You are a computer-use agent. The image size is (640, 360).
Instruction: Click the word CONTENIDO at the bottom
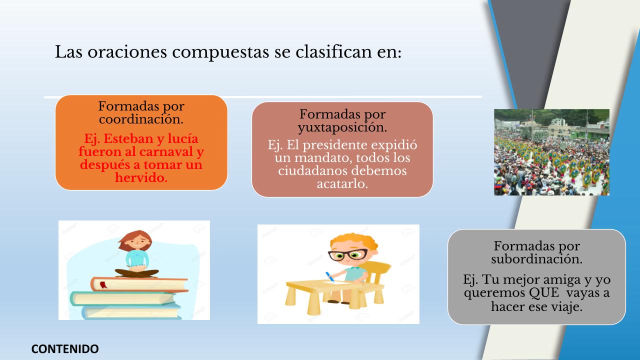[x=65, y=349]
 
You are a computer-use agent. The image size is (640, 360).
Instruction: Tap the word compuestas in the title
[x=220, y=52]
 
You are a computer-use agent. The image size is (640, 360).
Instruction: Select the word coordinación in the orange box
[x=141, y=119]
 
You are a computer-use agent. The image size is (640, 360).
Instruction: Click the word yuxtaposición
[x=342, y=127]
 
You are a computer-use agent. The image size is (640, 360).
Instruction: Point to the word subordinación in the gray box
[x=536, y=259]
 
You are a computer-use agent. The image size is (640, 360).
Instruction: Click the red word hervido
[x=141, y=177]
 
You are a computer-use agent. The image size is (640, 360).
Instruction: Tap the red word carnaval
[x=166, y=151]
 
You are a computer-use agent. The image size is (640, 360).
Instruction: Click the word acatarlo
[x=342, y=183]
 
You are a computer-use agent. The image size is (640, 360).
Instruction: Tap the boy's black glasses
[x=348, y=254]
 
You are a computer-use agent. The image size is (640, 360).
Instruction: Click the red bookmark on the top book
[x=103, y=284]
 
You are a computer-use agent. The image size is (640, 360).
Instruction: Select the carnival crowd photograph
[x=551, y=152]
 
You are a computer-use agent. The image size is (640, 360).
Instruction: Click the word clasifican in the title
[x=333, y=52]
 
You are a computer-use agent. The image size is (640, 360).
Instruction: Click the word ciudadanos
[x=312, y=171]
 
